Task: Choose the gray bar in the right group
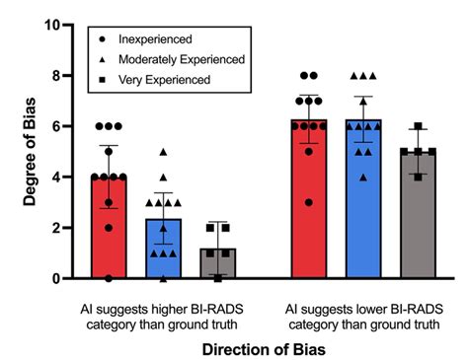[x=393, y=217]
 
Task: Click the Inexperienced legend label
[x=156, y=40]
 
